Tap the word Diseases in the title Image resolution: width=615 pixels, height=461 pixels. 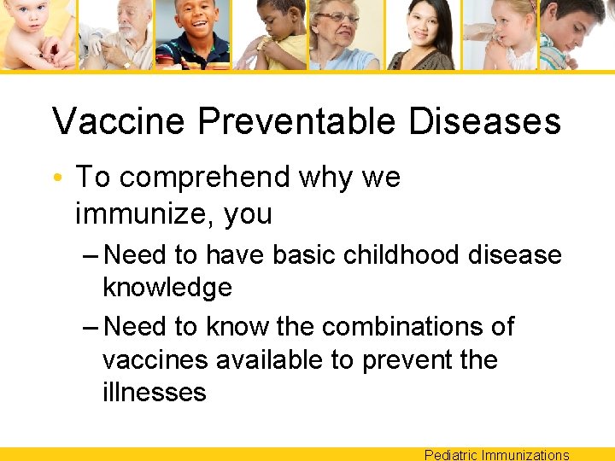(484, 121)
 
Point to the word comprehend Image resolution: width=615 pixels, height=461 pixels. (205, 178)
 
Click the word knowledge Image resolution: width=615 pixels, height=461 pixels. (167, 287)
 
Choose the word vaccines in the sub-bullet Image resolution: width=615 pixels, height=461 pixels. (155, 360)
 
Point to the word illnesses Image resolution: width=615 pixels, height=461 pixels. (155, 393)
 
